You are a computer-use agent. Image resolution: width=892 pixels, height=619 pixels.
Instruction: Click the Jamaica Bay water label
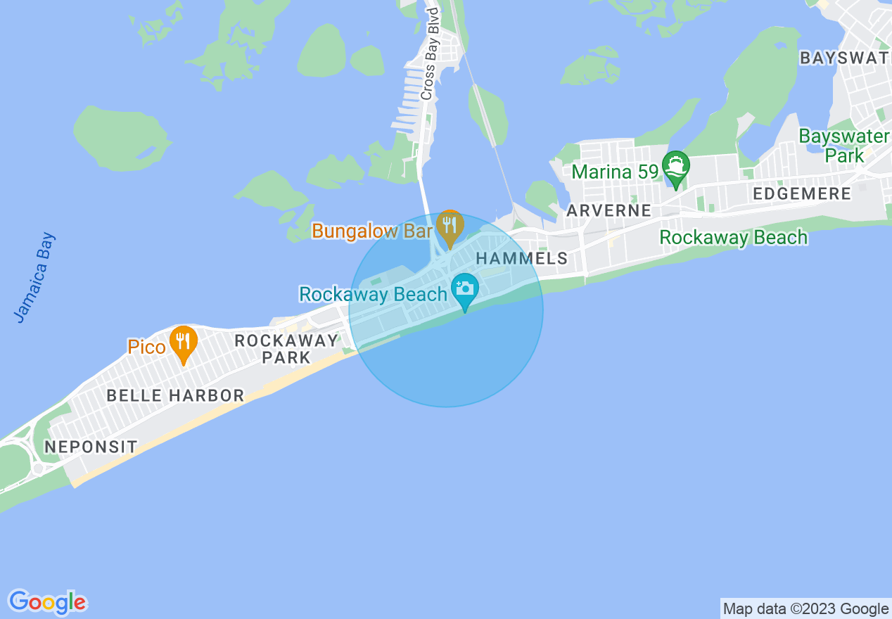click(34, 278)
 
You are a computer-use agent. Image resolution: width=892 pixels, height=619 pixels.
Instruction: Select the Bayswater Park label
click(844, 146)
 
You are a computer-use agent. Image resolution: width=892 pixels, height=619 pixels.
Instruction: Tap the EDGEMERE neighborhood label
click(801, 193)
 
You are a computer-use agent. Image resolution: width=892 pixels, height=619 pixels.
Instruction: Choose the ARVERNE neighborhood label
click(609, 210)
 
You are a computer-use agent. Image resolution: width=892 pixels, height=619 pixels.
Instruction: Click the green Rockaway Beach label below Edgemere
click(733, 237)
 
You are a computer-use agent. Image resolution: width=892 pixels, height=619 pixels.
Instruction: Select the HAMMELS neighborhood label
click(522, 258)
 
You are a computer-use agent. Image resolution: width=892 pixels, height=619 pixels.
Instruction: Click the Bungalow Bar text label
click(372, 231)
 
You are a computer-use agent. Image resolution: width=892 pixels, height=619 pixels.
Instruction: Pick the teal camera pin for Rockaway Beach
click(464, 291)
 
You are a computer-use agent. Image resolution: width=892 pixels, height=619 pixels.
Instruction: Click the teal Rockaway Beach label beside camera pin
click(373, 294)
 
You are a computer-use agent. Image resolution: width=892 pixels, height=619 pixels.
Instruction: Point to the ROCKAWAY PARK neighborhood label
click(286, 349)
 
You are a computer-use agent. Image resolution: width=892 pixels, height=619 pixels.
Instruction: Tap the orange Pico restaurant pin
click(184, 343)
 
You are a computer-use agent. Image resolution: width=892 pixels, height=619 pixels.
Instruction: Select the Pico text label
click(146, 347)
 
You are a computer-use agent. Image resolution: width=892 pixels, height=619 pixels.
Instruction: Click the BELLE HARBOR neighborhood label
click(175, 395)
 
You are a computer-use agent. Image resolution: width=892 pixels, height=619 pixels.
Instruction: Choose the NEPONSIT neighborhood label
click(91, 447)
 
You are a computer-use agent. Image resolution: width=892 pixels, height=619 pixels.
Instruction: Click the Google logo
click(48, 602)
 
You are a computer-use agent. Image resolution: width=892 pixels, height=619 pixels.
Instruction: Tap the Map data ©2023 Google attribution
click(805, 608)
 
